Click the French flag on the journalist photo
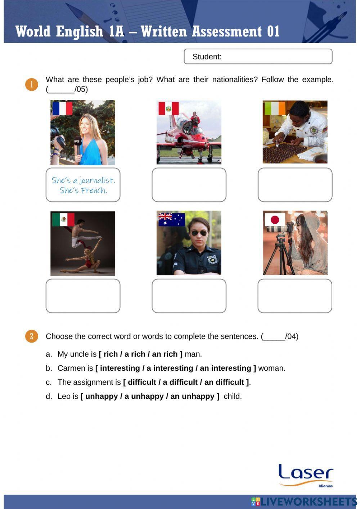62,108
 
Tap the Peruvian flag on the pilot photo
168,108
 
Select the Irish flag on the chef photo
275,108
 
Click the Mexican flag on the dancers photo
63,219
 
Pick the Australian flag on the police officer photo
171,219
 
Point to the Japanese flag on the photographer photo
275,219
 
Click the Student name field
258,57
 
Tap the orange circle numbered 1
32,84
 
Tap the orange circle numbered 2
32,336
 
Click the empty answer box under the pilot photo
189,185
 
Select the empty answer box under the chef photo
295,185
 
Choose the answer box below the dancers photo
83,296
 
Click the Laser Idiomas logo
306,475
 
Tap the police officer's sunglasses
199,233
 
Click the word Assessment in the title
227,31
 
